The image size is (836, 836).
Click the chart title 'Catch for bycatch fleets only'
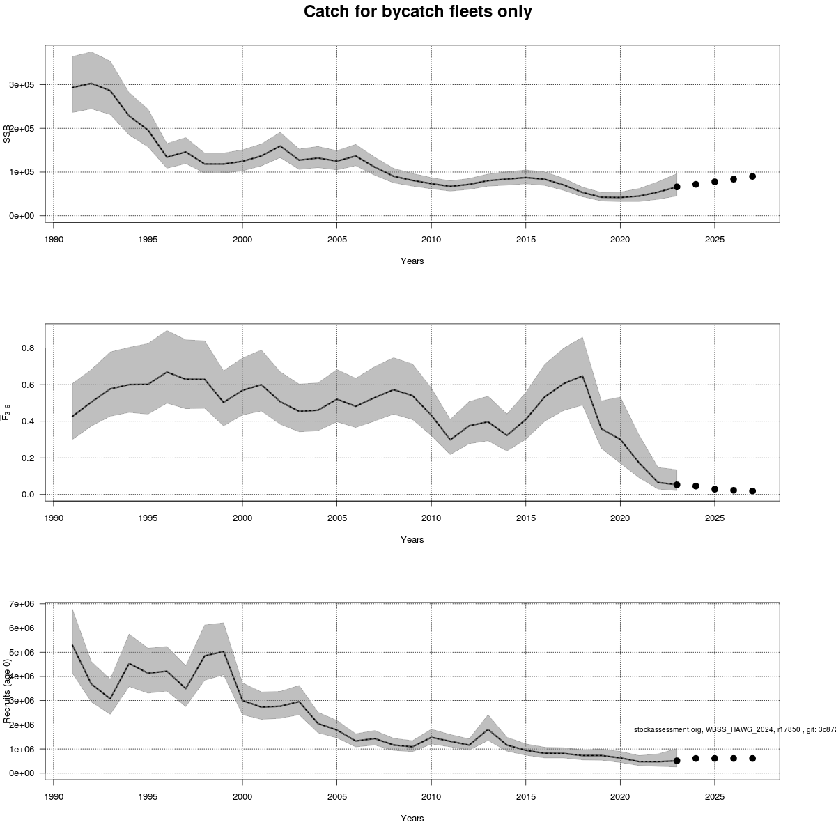[x=418, y=12]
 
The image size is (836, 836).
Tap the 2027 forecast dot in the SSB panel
[x=752, y=176]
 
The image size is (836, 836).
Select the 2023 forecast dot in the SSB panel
[x=676, y=187]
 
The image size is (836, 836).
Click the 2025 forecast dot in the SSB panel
[x=714, y=182]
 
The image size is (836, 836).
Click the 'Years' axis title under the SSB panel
[x=412, y=261]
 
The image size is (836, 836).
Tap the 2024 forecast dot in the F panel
[x=695, y=486]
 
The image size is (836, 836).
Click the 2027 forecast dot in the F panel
[x=752, y=491]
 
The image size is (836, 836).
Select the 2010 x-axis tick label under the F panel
[x=431, y=518]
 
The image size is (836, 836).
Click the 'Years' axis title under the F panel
[x=412, y=540]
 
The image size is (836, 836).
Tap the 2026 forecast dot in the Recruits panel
[x=734, y=758]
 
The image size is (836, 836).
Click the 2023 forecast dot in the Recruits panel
[x=676, y=761]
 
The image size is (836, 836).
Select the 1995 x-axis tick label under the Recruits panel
[x=148, y=797]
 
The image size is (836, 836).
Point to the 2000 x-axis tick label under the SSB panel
[x=242, y=240]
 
